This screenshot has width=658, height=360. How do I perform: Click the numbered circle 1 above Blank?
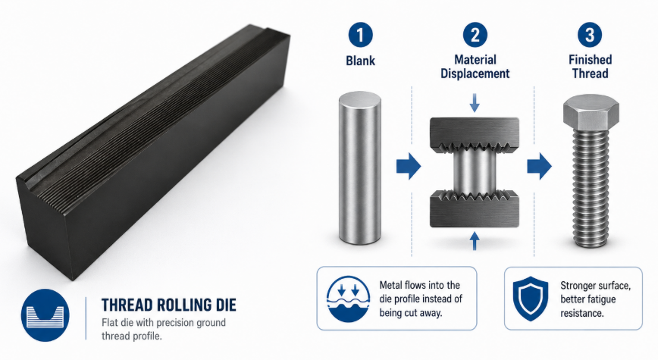coord(360,35)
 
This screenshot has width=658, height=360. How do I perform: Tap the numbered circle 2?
coord(475,35)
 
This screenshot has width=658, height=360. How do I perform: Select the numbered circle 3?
coord(590,35)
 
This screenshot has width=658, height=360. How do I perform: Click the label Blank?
coord(361,61)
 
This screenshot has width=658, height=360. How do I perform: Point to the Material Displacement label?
coord(475,67)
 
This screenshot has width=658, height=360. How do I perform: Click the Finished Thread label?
coord(590,67)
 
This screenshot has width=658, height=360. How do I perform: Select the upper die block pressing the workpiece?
coord(475,134)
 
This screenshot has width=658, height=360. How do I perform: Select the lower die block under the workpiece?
coord(475,208)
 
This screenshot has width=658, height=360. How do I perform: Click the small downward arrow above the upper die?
coord(475,103)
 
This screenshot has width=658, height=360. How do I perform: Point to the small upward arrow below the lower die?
coord(475,242)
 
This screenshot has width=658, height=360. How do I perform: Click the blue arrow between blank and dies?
coord(409,167)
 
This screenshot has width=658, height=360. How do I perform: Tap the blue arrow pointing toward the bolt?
coord(539,167)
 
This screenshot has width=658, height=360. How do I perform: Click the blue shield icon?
coord(531,299)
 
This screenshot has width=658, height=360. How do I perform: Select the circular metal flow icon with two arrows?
coord(348,299)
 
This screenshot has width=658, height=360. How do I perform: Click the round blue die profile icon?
coord(45,315)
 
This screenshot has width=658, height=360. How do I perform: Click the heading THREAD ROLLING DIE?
coord(169,305)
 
